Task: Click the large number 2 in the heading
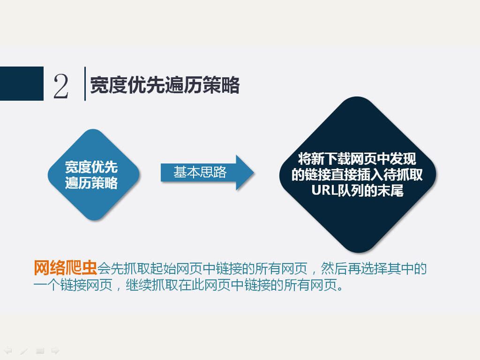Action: pyautogui.click(x=60, y=86)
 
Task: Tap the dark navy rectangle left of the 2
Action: pyautogui.click(x=22, y=83)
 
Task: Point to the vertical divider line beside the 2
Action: pyautogui.click(x=85, y=83)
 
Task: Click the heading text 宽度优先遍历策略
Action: pyautogui.click(x=165, y=85)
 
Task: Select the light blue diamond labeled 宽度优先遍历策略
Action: pyautogui.click(x=94, y=174)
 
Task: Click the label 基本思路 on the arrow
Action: pyautogui.click(x=200, y=172)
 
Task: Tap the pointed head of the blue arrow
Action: pyautogui.click(x=245, y=172)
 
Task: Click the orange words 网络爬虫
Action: pyautogui.click(x=65, y=268)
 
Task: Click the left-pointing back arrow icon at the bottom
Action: pyautogui.click(x=8, y=351)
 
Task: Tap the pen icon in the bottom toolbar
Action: pyautogui.click(x=24, y=351)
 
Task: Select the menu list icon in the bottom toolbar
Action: pyautogui.click(x=40, y=351)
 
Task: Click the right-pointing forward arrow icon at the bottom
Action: pyautogui.click(x=55, y=351)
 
